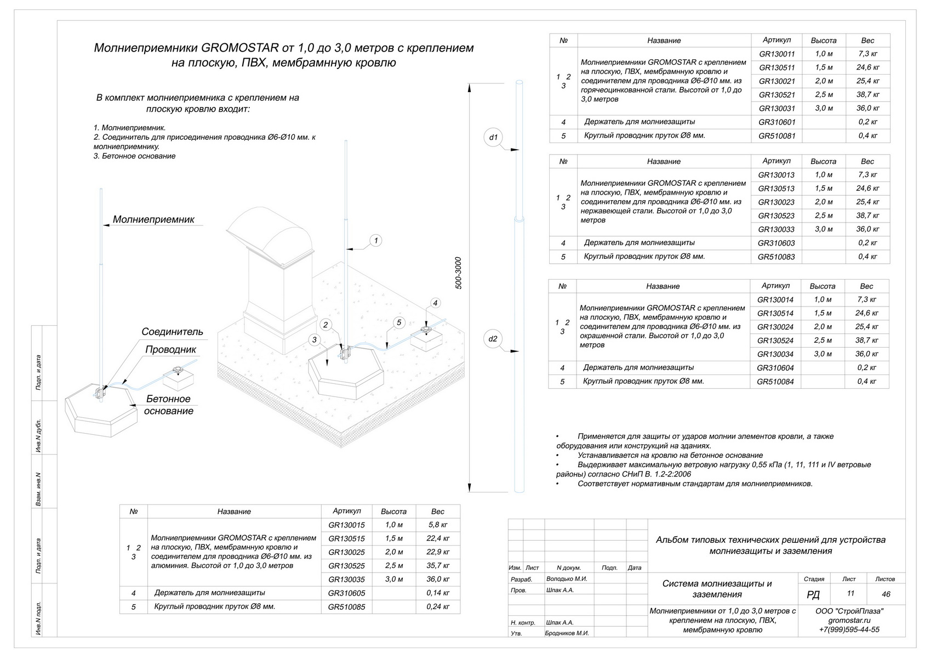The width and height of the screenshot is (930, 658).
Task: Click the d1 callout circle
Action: tap(493, 137)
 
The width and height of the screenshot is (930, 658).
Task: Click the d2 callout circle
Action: tap(493, 339)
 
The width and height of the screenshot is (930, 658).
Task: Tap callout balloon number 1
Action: tap(375, 240)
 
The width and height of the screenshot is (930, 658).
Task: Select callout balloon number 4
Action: tap(435, 303)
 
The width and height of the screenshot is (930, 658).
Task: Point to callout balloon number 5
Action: tap(399, 322)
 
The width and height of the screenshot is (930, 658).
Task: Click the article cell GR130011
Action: tap(777, 54)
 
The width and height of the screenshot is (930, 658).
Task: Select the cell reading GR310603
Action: tap(776, 243)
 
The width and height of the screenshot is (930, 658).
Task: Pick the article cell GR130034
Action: tap(775, 354)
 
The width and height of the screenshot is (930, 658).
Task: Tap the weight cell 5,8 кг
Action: tap(438, 525)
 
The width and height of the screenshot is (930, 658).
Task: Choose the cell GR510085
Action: tap(346, 607)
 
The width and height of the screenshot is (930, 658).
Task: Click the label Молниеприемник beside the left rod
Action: tap(153, 219)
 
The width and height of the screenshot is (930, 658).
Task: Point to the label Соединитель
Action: tap(172, 332)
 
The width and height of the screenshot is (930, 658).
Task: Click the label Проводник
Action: tap(170, 350)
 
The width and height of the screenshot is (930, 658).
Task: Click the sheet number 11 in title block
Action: tap(850, 593)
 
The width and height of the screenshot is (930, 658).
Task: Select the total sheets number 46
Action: tap(886, 594)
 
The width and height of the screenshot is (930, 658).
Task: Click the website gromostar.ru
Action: tap(849, 620)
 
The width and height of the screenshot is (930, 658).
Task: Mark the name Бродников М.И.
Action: tap(567, 633)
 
